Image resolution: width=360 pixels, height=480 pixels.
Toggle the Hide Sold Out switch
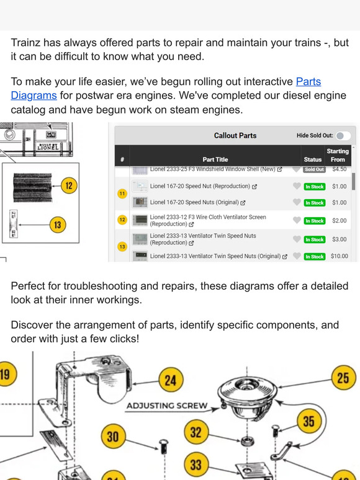coord(343,136)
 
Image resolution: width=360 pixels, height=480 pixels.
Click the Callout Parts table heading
coord(235,136)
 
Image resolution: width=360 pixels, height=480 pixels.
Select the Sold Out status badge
coord(314,169)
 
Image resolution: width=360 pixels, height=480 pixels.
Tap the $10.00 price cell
coord(339,256)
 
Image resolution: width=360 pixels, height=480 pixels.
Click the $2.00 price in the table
coord(339,221)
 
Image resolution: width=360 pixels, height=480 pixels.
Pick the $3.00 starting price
coord(339,239)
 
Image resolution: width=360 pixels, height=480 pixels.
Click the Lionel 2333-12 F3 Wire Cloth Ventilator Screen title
coord(208,221)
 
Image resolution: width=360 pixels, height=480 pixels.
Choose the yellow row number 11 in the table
coord(122,194)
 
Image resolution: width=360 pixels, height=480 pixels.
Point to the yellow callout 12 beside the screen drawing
coord(69,185)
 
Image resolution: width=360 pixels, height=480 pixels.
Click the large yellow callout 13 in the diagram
coord(58,225)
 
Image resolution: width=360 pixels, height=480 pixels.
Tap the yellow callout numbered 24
coord(169,380)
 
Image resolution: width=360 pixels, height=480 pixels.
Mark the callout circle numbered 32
coord(196,432)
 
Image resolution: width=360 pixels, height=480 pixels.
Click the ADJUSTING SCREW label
coord(167,406)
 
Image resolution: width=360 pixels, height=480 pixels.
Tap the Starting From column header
coord(338,155)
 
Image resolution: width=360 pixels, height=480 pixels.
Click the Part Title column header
coord(215,159)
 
